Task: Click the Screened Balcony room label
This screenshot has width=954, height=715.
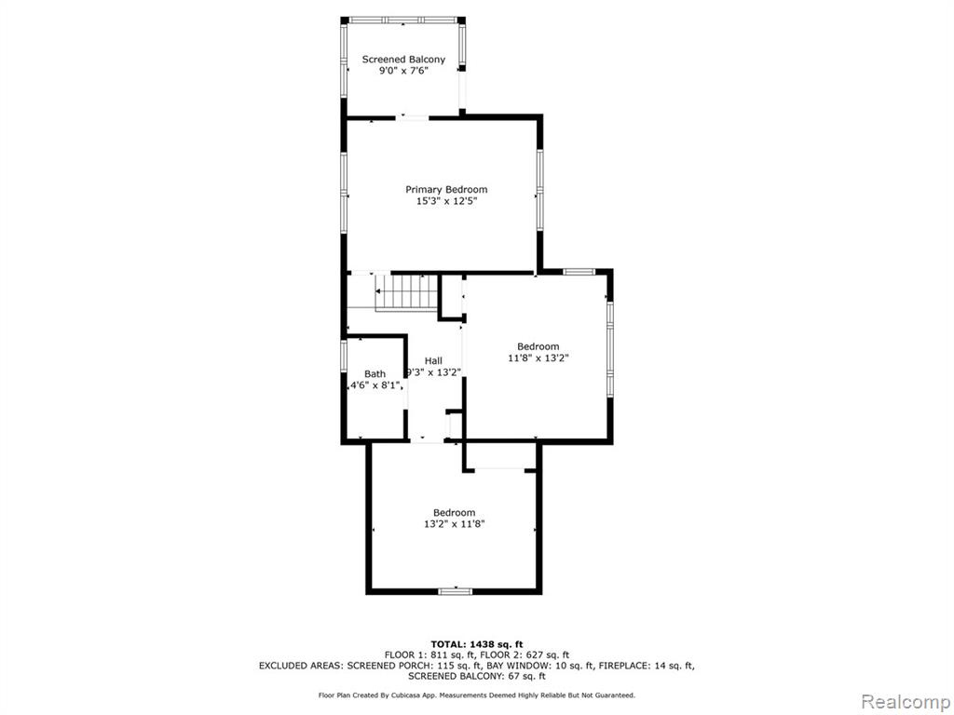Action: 403,60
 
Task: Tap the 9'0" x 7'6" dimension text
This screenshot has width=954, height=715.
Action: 403,71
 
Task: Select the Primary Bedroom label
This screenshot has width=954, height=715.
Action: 446,190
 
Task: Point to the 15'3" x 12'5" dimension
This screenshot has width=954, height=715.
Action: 446,201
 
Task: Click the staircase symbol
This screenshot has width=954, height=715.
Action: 406,291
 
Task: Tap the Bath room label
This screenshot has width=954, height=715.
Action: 375,374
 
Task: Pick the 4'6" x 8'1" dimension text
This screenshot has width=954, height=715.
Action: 375,385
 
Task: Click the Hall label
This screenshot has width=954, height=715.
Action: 433,361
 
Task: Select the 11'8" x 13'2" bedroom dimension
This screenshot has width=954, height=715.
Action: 538,358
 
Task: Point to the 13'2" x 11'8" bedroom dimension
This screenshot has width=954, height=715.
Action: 454,524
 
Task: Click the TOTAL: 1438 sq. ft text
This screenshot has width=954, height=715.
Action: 476,644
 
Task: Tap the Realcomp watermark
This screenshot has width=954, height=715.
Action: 905,702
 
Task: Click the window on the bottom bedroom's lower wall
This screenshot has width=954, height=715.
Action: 455,590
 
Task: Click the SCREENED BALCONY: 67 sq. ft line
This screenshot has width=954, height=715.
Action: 476,676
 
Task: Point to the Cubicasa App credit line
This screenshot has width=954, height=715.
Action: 476,695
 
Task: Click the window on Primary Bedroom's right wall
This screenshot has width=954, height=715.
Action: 539,190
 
